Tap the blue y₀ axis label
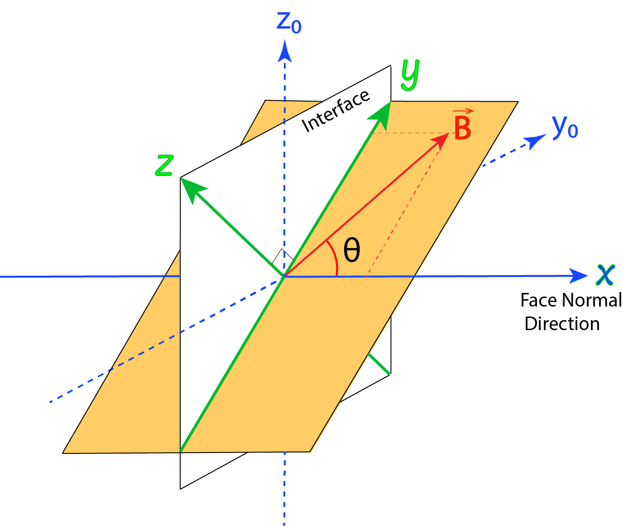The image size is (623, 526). click(565, 127)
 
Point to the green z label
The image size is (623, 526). click(164, 166)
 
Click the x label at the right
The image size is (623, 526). click(605, 273)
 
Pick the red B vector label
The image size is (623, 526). click(462, 128)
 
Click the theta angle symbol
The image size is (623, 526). click(352, 250)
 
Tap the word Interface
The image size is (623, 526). click(335, 112)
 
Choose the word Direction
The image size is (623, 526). click(562, 324)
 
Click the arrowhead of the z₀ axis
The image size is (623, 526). click(284, 50)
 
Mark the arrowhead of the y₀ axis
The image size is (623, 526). click(537, 141)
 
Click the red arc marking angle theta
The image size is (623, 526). click(335, 258)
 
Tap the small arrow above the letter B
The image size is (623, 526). click(463, 111)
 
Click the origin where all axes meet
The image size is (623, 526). click(284, 276)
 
